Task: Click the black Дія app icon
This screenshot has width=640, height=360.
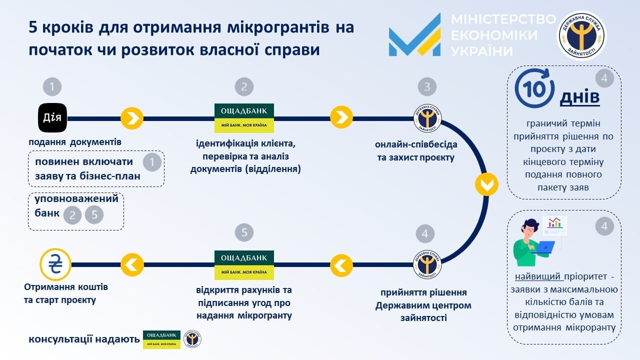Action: [x=52, y=118]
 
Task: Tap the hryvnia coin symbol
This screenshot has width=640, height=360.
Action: [x=54, y=263]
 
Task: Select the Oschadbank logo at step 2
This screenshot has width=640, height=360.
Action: [x=244, y=118]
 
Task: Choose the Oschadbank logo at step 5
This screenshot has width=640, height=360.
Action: [x=244, y=264]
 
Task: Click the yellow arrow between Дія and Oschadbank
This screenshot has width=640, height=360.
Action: [x=132, y=118]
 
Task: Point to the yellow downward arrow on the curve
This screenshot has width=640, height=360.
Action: [x=486, y=184]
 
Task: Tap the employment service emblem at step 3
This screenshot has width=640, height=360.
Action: [x=427, y=118]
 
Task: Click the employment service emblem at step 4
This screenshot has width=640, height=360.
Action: [x=427, y=264]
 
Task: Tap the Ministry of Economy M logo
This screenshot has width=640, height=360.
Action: [x=414, y=35]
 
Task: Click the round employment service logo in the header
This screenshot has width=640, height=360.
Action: [x=581, y=35]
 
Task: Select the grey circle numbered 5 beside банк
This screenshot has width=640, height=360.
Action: [x=94, y=215]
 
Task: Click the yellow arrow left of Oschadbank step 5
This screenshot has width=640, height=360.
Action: [x=341, y=264]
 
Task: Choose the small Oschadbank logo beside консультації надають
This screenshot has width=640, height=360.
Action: [x=161, y=339]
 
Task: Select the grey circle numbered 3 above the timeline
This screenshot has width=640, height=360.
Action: [x=427, y=87]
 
